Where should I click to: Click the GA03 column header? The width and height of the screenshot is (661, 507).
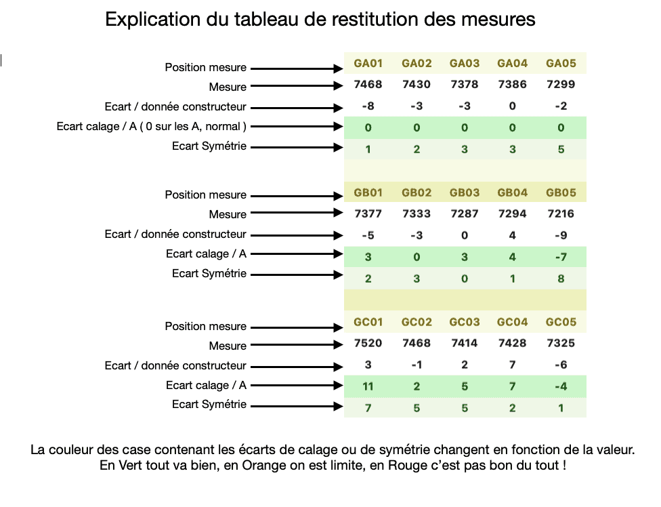pos(464,64)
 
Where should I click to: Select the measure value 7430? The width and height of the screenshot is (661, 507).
pos(416,85)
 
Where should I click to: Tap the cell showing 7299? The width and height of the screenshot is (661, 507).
pos(561,85)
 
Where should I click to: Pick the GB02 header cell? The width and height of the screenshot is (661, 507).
pos(416,192)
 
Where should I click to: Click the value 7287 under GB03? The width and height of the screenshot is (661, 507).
pos(464,214)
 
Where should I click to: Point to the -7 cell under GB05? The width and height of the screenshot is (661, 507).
pos(561,257)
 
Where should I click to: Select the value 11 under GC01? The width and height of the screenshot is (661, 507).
pos(368,386)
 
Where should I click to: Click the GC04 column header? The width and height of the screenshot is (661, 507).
pos(512,322)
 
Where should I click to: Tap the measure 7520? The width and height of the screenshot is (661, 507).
pos(368,343)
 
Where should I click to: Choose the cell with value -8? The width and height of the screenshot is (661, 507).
pos(368,106)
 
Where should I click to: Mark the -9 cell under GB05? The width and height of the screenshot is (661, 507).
pos(561,236)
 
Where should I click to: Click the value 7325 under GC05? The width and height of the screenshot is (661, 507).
pos(561,343)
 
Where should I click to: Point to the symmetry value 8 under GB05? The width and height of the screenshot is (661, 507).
pos(561,279)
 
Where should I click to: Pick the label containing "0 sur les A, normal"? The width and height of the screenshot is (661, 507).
pos(151,127)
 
